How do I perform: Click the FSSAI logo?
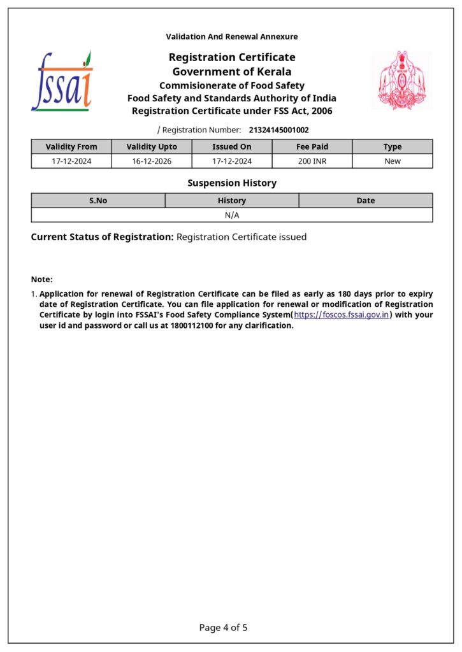click(62, 81)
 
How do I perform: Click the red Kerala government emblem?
click(401, 81)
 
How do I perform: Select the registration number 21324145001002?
click(278, 130)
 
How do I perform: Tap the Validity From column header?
click(71, 146)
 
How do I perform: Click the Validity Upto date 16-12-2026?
click(152, 161)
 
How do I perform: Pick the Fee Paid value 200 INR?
click(312, 161)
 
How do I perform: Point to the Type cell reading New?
click(393, 161)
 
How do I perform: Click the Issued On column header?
click(232, 146)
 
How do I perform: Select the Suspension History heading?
click(232, 183)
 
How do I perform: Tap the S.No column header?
click(98, 201)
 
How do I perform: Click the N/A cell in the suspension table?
click(232, 215)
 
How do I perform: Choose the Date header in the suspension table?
click(366, 201)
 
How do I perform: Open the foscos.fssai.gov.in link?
click(342, 315)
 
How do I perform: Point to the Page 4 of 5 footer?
click(223, 628)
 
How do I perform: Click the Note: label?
click(42, 280)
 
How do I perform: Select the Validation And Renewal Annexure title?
click(232, 37)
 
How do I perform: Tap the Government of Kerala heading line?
click(232, 71)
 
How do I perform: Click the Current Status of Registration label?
click(102, 237)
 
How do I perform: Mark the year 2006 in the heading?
click(321, 111)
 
